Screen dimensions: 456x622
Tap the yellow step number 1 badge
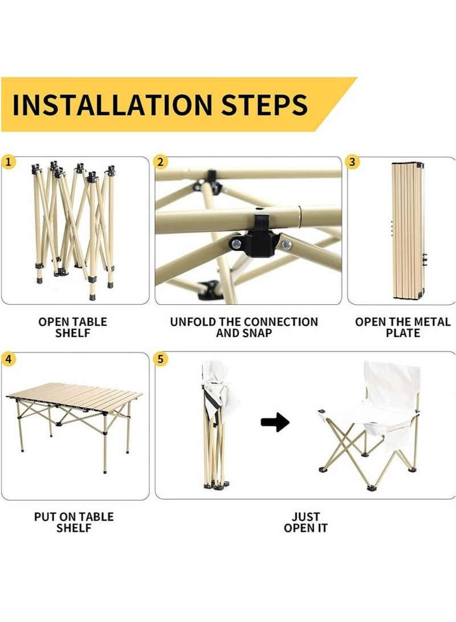9,162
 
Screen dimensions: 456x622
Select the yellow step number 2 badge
160,162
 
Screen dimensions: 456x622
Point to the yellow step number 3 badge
352,162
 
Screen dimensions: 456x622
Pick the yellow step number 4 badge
9,359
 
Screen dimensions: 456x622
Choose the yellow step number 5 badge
160,359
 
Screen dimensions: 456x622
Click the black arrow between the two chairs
275,422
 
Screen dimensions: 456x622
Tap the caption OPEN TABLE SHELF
72,328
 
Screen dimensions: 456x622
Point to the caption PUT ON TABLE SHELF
74,522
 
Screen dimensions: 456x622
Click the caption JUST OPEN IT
306,522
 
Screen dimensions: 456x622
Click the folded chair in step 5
217,425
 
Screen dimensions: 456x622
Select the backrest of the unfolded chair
392,382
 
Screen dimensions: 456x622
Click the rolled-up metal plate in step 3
408,231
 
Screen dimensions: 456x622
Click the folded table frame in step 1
74,230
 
